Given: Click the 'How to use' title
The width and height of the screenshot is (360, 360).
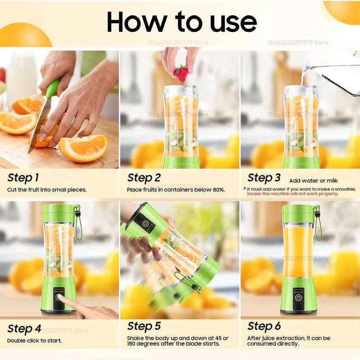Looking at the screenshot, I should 182,21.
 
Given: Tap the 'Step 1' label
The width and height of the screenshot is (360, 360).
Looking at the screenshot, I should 23,178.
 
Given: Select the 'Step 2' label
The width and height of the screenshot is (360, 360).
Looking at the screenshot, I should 144,178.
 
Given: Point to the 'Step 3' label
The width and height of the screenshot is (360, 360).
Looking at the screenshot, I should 264,178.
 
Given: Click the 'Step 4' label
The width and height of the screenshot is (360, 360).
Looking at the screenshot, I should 24,328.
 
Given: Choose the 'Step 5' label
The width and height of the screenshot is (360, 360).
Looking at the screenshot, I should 144,326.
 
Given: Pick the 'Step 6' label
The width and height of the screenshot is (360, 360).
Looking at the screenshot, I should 264,326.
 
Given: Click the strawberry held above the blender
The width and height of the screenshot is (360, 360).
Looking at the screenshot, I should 181,73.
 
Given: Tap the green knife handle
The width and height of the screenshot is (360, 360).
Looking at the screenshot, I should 52,88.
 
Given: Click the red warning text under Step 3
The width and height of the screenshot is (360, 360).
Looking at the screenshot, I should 292,194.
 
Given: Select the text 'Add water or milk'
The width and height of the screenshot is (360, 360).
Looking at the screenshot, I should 313,180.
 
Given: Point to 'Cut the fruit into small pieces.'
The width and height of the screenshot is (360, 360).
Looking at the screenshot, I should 46,190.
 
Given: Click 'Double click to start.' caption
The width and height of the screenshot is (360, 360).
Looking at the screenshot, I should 34,341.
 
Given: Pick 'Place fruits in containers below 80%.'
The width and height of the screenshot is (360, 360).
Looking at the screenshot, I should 176,190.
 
